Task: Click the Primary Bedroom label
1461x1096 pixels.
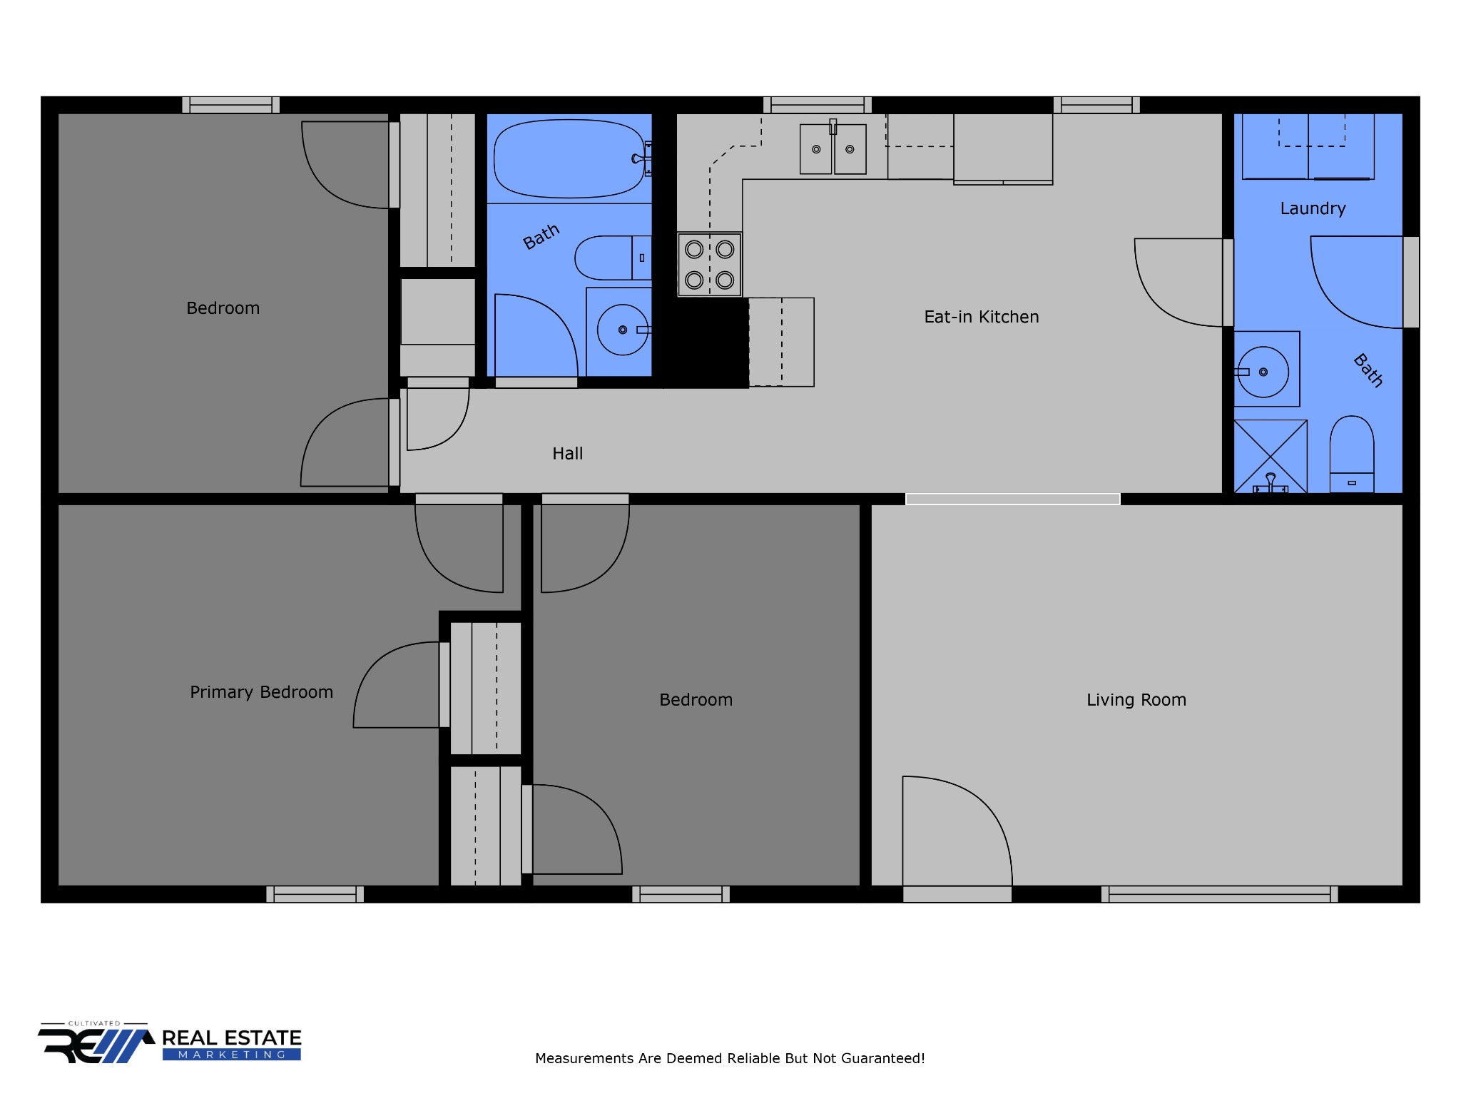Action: coord(261,692)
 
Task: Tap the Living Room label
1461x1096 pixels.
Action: coord(1136,700)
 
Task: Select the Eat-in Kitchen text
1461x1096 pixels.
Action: coord(982,317)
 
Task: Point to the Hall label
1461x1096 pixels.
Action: coord(568,454)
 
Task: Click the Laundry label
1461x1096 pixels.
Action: coord(1313,208)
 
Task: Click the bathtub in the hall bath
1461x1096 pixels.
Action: coord(569,158)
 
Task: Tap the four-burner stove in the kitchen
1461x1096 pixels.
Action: coord(710,265)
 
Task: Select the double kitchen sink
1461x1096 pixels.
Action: coord(833,149)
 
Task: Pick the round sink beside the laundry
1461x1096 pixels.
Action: coord(1263,372)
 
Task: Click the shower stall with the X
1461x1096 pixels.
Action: coord(1271,456)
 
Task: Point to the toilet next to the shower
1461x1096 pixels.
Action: coord(1352,455)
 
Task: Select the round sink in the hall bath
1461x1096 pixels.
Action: coord(623,330)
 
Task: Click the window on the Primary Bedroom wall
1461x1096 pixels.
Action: coord(315,894)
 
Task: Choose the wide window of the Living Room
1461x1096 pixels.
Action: coord(1219,894)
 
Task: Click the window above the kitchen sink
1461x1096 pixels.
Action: coord(818,105)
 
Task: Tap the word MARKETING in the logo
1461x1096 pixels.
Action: coord(232,1055)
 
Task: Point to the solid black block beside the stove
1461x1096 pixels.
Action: coord(706,342)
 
